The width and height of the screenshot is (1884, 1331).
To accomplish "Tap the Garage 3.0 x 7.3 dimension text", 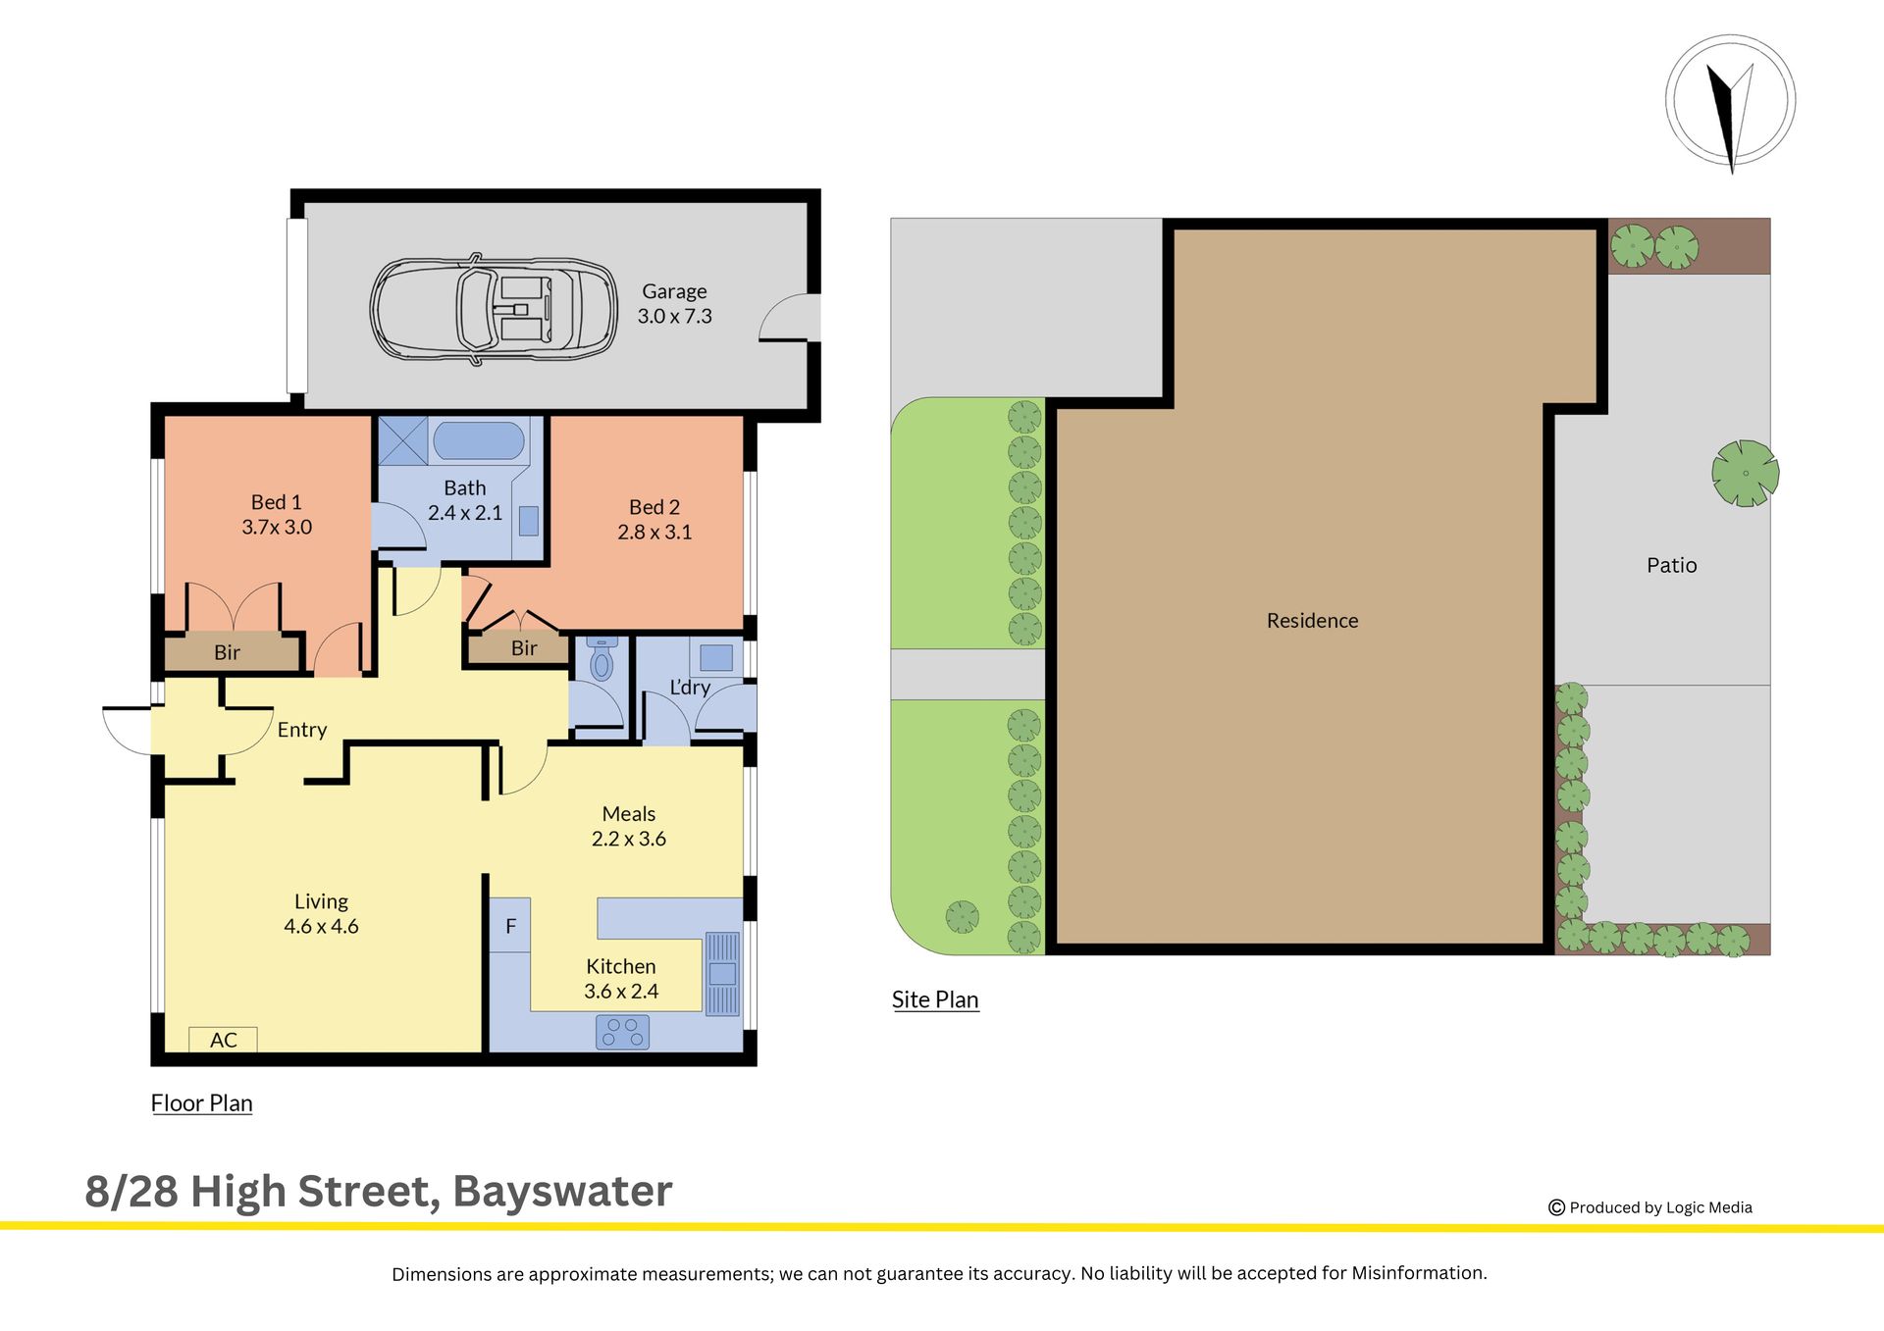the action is tap(674, 316).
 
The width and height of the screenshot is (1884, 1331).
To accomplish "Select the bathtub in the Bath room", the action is tap(479, 440).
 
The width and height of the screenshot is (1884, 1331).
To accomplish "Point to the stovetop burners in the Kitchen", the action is tap(623, 1032).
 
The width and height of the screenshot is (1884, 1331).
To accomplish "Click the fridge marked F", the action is tap(510, 926).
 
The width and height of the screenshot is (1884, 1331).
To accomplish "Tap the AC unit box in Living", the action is tap(224, 1040).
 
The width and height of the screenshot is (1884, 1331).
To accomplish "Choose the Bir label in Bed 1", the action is tap(227, 652).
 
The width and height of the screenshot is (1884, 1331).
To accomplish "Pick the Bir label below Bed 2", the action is tap(524, 648).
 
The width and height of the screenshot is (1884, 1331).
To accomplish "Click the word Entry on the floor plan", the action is tap(302, 730).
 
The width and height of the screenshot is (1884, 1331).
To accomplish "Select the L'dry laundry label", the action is tap(690, 688).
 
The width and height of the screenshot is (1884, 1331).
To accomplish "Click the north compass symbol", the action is tap(1730, 103).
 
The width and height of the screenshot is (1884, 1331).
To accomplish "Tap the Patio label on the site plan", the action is tap(1671, 565).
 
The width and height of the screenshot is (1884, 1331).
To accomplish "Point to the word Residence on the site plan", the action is tap(1312, 621).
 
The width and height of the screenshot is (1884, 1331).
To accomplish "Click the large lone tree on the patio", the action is tap(1746, 473).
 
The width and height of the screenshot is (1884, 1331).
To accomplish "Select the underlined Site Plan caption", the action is tap(935, 999).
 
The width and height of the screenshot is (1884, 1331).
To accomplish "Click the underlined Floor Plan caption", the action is tap(201, 1103).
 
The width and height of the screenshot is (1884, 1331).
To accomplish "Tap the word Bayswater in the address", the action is tap(562, 1191).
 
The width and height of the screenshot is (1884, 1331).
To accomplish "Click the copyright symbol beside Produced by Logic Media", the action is tap(1556, 1207).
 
